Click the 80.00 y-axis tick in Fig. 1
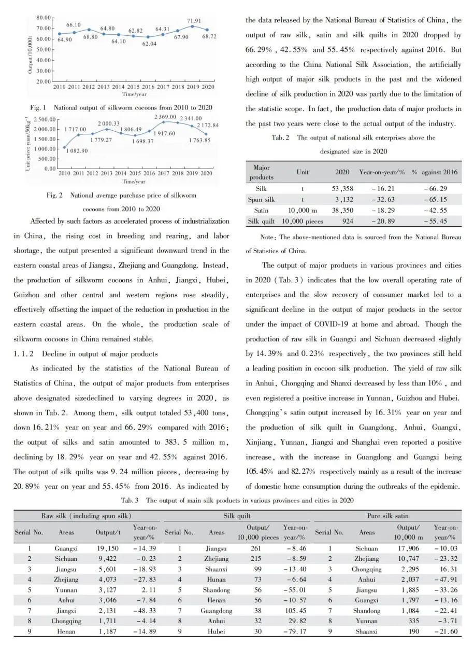[x=44, y=18]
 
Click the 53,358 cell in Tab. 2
[x=342, y=188]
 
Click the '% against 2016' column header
[x=435, y=172]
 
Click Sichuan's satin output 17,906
[x=408, y=548]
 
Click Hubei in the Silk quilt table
[x=217, y=631]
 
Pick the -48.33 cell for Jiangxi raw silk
[x=144, y=611]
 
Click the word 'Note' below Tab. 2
[x=268, y=238]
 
